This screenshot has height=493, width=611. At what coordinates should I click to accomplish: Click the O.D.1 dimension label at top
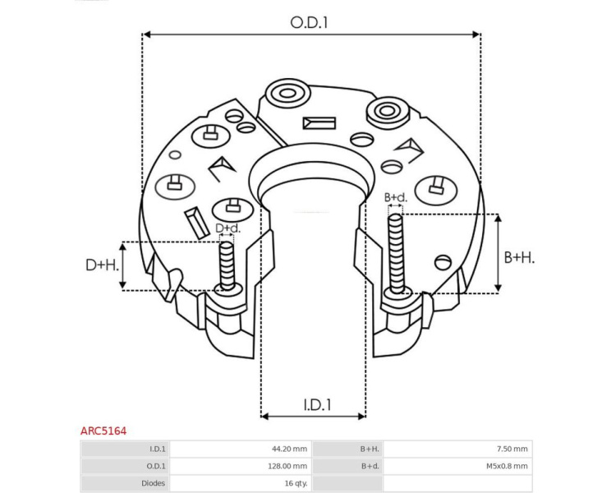click(309, 23)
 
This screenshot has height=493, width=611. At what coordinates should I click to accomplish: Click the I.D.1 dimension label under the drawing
click(317, 405)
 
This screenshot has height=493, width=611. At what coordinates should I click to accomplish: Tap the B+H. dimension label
click(519, 258)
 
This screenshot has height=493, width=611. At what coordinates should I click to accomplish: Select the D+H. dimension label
click(102, 265)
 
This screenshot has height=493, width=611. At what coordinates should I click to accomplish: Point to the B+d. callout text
click(396, 197)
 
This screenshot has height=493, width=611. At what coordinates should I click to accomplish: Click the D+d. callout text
click(228, 228)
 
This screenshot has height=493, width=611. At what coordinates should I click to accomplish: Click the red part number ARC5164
click(103, 431)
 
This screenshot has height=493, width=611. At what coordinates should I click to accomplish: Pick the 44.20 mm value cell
click(290, 449)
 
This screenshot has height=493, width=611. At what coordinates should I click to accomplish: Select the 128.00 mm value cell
click(287, 466)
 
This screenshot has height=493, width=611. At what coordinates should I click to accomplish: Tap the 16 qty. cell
click(296, 483)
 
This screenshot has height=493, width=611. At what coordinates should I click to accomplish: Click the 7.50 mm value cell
click(512, 449)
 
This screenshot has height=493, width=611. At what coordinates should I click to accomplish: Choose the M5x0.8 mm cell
click(507, 466)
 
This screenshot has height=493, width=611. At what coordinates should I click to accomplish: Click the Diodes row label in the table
click(153, 483)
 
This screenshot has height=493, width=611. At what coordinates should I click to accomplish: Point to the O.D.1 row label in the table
click(156, 466)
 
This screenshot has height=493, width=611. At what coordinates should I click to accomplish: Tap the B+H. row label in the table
click(370, 449)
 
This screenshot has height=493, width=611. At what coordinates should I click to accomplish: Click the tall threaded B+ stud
click(397, 254)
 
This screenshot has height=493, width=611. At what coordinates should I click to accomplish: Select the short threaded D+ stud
click(227, 266)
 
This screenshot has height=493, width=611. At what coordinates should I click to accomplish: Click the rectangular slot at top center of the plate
click(319, 123)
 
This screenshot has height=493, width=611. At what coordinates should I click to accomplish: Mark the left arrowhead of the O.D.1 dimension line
click(146, 35)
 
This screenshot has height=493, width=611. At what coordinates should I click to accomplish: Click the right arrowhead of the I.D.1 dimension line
click(361, 417)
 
